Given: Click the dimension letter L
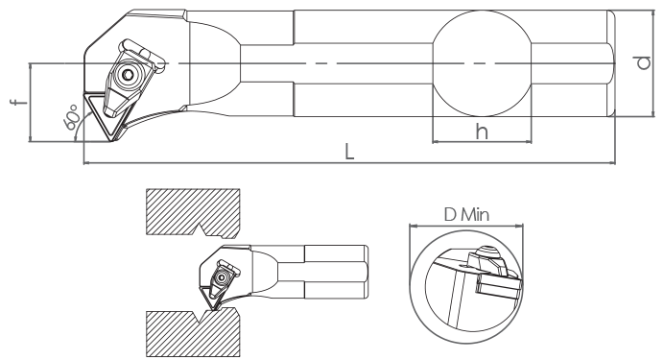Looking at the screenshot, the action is tap(349, 152).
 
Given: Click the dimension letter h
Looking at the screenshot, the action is tap(482, 132).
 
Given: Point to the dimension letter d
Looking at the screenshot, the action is tap(644, 62).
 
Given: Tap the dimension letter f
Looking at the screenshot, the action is tap(18, 102).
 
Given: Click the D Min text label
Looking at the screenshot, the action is tap(466, 215).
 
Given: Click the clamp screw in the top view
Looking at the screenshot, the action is tap(128, 75).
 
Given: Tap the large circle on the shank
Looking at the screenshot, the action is tap(482, 63).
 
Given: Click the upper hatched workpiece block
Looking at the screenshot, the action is tap(193, 211).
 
